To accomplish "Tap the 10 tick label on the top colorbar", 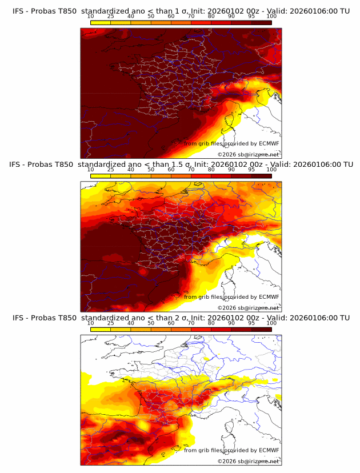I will (x=91, y=17).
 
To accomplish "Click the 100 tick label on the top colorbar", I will (x=271, y=17).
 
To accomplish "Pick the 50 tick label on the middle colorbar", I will (x=151, y=170).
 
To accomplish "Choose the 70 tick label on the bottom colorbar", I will (x=191, y=323).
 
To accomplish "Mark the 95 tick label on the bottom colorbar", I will (x=251, y=323).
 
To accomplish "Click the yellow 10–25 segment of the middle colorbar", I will (x=101, y=176).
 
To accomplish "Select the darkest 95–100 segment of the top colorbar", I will (x=261, y=23).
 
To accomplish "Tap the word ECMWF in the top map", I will (x=269, y=144).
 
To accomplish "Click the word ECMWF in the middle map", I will (x=269, y=297).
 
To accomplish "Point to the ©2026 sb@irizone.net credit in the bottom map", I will (x=248, y=460).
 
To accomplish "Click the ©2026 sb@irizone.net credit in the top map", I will (x=248, y=154).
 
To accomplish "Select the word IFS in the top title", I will (x=18, y=11).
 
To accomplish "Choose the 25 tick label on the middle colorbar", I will (x=111, y=170).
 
